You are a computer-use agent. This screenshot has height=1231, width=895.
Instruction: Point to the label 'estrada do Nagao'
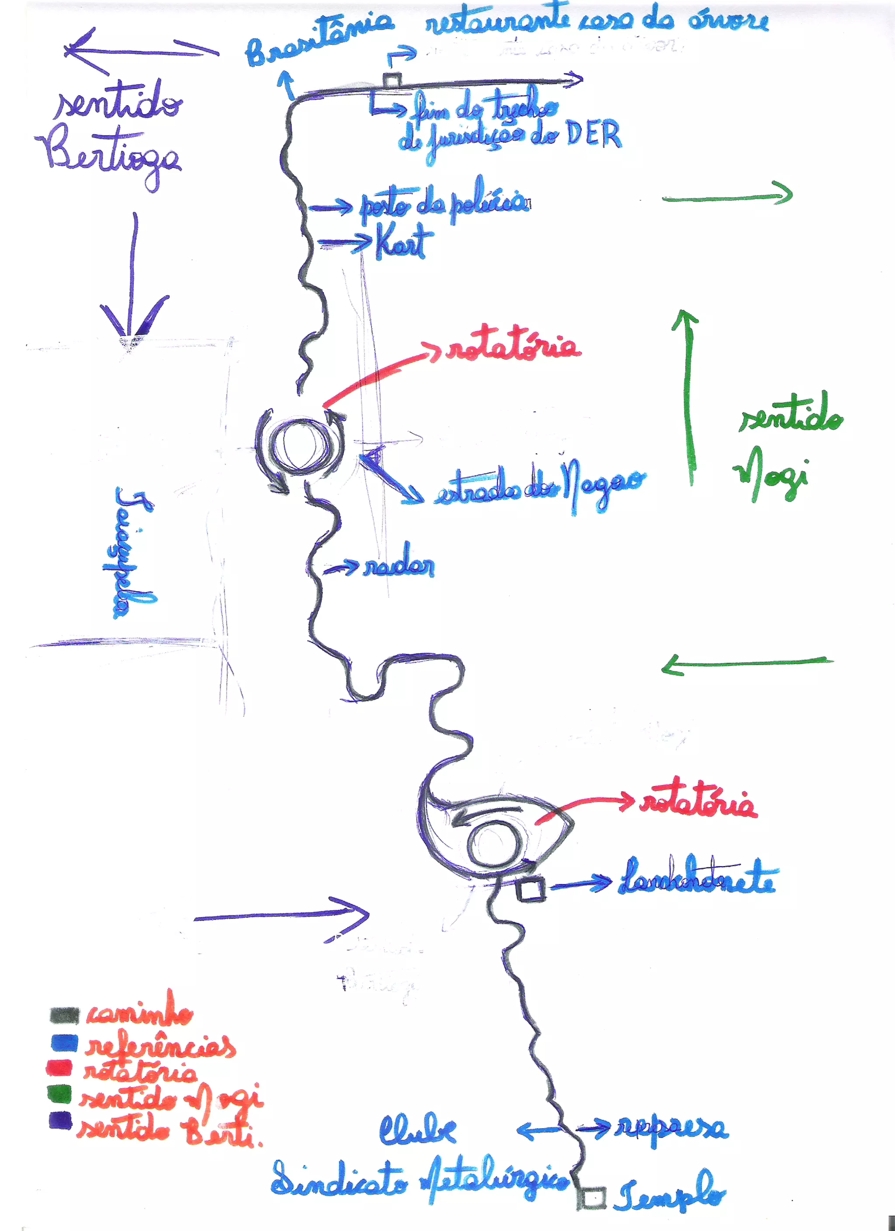(x=540, y=485)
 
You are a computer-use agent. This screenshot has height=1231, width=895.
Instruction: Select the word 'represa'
(x=672, y=1128)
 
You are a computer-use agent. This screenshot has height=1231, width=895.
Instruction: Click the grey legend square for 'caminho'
(x=64, y=1015)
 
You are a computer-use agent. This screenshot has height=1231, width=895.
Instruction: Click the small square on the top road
(x=392, y=80)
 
